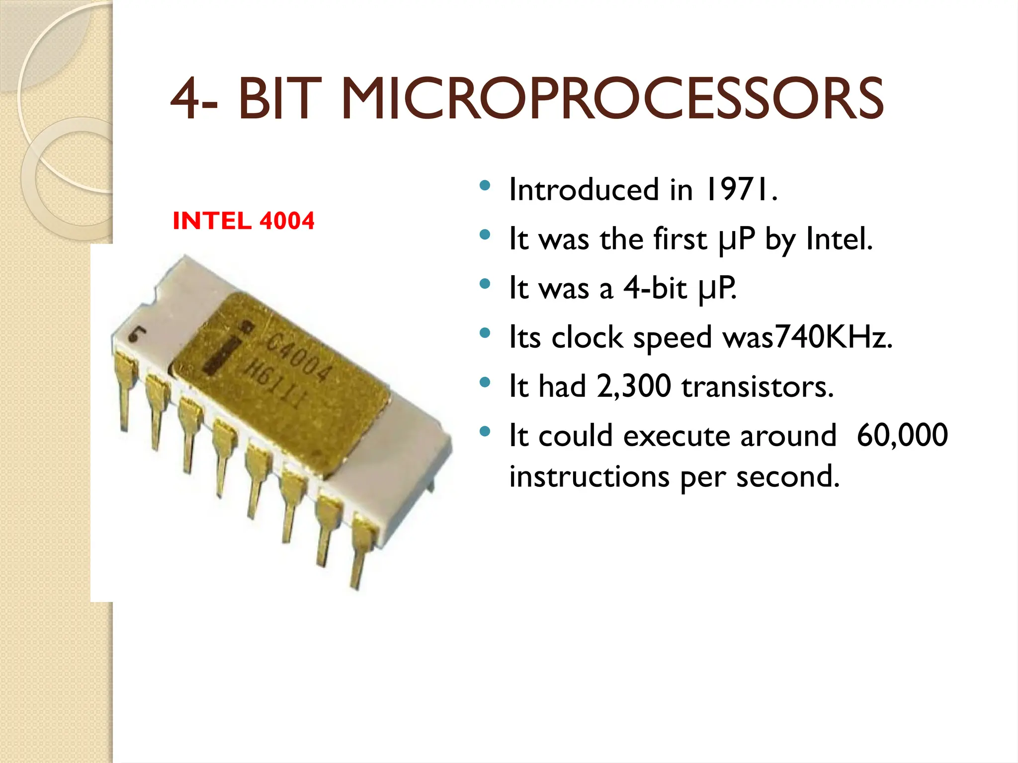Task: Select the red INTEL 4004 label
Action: [243, 221]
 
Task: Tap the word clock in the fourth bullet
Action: [587, 337]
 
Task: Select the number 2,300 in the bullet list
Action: [634, 386]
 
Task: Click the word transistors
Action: [758, 386]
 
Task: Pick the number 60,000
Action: [902, 435]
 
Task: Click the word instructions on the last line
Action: [590, 476]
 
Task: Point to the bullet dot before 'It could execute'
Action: [485, 432]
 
